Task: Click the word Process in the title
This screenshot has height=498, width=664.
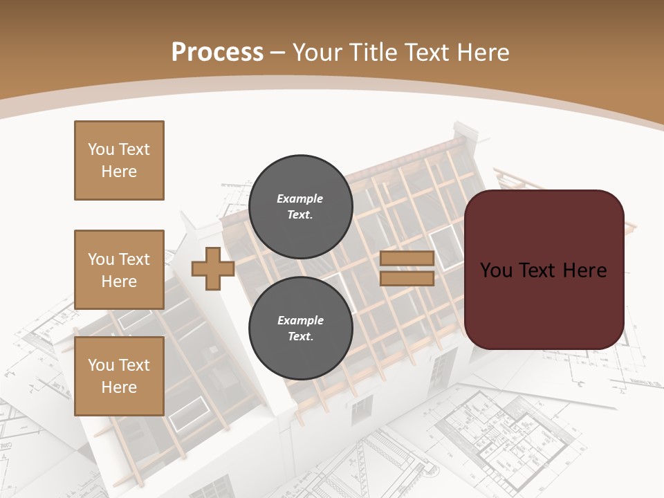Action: tap(217, 53)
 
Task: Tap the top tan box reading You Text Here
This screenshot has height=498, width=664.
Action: tap(119, 160)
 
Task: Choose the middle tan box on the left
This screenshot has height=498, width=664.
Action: tap(119, 270)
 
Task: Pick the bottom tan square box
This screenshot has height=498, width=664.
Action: tap(119, 376)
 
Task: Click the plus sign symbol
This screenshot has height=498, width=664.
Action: tap(212, 268)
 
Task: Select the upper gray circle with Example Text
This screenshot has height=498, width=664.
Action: tap(300, 206)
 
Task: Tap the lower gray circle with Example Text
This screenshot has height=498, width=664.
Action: tap(300, 328)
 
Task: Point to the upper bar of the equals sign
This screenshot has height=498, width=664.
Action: tap(407, 259)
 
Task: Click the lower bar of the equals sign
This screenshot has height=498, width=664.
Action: tap(407, 279)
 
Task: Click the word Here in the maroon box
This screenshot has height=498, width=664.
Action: tap(584, 270)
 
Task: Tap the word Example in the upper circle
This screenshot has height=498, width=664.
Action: tap(300, 199)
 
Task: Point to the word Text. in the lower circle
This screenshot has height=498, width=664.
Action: tap(300, 337)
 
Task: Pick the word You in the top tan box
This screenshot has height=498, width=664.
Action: tap(101, 149)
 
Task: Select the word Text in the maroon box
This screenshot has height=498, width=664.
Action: tap(538, 270)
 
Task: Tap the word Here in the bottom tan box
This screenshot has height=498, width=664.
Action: tap(119, 387)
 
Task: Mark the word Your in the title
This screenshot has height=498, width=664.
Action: tap(317, 53)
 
